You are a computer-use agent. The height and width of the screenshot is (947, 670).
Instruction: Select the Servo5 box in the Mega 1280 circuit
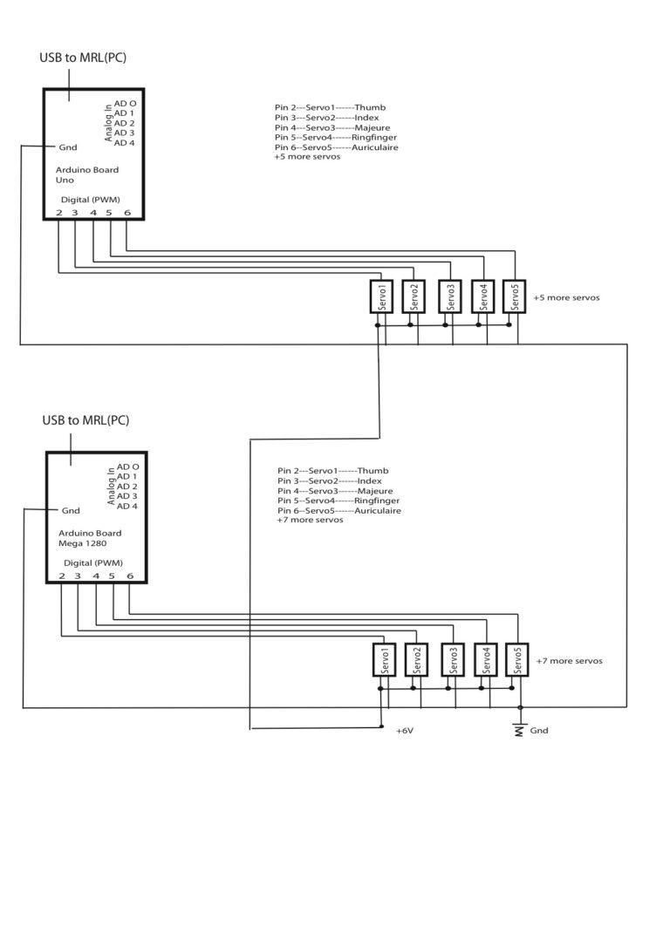(x=518, y=660)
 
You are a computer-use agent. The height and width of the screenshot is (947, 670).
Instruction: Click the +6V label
(x=404, y=730)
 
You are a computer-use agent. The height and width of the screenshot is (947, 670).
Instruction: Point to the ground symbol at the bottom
(x=520, y=728)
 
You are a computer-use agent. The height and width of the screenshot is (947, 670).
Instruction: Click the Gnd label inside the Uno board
(x=67, y=146)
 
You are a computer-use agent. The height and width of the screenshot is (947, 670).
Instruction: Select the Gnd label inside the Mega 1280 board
(x=71, y=510)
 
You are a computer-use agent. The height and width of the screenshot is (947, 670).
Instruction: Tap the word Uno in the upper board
(x=65, y=181)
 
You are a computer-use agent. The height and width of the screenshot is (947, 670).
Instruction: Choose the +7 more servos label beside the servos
(x=569, y=661)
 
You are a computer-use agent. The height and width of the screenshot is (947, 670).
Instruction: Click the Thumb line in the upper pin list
(x=330, y=108)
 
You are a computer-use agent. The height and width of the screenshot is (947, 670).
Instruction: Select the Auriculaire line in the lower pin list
(x=339, y=510)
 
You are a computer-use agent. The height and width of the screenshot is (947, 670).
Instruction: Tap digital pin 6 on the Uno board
(x=127, y=212)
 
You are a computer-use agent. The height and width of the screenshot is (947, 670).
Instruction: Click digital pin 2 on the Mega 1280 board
(x=62, y=576)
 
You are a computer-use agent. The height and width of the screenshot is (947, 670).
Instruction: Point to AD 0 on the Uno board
(x=125, y=103)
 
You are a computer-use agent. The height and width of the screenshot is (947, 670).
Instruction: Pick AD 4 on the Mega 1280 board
(x=126, y=506)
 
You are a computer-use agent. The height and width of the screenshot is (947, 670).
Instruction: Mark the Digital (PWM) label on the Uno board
(x=91, y=199)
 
